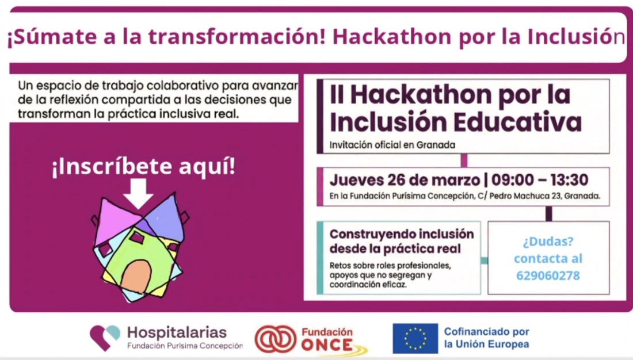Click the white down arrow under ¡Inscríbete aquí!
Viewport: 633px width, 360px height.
click(138, 193)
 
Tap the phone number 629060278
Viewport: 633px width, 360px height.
click(548, 275)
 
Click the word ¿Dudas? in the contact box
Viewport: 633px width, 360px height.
click(548, 242)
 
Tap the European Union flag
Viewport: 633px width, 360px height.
click(415, 338)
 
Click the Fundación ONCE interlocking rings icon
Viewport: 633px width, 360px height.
click(275, 339)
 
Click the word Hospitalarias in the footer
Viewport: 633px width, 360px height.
click(177, 333)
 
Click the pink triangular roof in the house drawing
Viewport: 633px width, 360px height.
click(117, 221)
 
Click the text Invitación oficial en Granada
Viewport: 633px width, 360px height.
click(392, 145)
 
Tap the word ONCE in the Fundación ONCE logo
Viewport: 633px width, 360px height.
click(327, 346)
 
